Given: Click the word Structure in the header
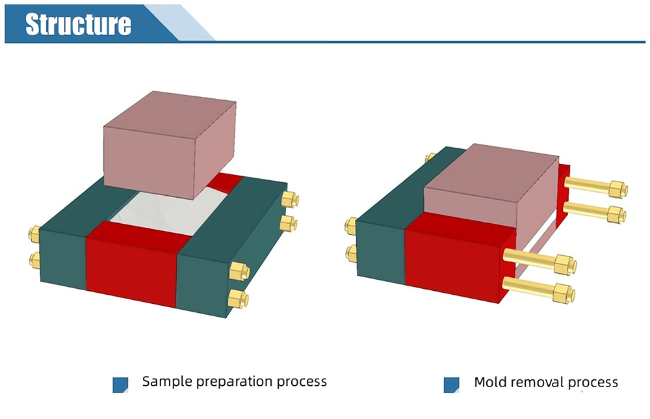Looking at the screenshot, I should point(78,23).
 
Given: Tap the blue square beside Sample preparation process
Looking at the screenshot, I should point(120,385).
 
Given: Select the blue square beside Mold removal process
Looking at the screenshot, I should point(451,385).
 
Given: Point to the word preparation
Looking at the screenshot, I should point(231,382).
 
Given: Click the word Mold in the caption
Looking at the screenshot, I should point(491,382).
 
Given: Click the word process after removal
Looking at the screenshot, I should point(595,383).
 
